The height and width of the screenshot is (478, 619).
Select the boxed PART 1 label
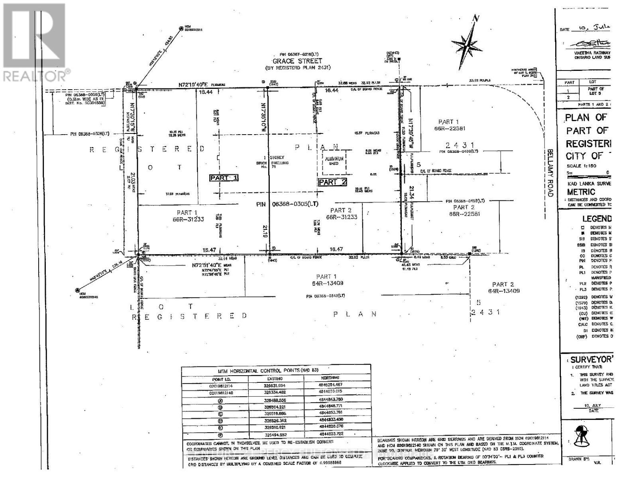click(224, 178)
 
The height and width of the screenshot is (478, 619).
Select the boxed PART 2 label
click(333, 182)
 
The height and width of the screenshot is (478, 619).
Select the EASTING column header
click(275, 378)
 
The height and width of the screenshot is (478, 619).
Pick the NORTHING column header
click(330, 378)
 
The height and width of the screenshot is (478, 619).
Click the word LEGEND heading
click(597, 218)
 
